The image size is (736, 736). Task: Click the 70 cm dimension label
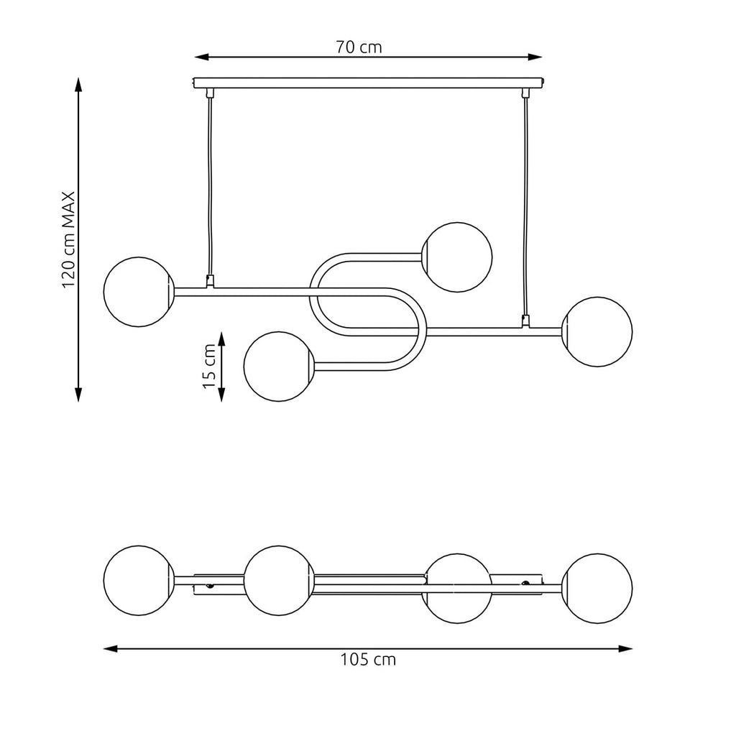(359, 47)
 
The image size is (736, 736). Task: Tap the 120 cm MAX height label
(68, 239)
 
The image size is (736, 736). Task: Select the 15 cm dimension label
(209, 366)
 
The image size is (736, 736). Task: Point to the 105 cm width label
(368, 660)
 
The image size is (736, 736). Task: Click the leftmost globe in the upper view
(139, 292)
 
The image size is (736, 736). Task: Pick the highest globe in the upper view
(457, 257)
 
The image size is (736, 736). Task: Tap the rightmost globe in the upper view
(597, 332)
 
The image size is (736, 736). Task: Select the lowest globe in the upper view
(279, 367)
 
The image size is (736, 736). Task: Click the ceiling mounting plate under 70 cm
(369, 83)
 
